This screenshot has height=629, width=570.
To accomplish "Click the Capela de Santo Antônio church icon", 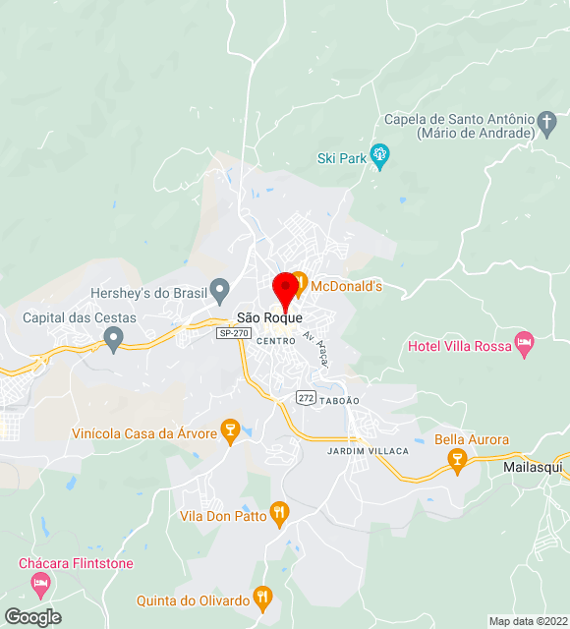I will tap(547, 125).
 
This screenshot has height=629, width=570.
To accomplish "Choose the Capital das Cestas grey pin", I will tap(113, 339).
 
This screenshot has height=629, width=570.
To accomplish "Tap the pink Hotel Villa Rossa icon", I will tap(524, 345).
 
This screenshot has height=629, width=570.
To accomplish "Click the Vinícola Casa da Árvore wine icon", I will tap(230, 430).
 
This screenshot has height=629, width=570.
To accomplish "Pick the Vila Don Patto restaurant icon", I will tap(280, 511).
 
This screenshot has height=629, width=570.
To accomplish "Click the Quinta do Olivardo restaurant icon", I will tap(262, 596).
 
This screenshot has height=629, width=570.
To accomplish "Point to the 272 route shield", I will tap(305, 395).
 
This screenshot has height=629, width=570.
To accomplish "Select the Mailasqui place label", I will tap(536, 467).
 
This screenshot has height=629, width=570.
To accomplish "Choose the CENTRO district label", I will tap(275, 340).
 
